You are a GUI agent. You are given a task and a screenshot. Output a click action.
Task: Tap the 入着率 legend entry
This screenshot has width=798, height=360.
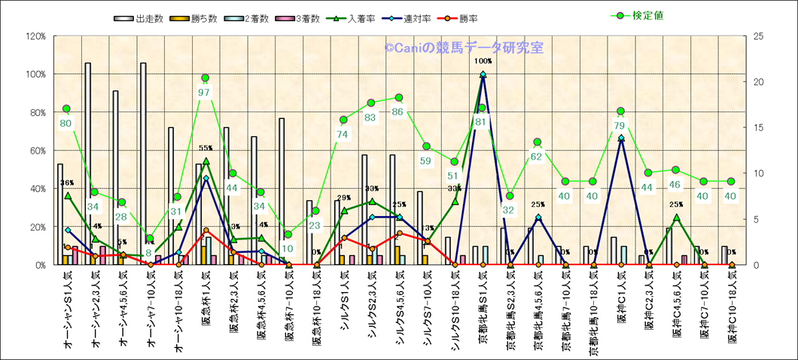click(x=360, y=18)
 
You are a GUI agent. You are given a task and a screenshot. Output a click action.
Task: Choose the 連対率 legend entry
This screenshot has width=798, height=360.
click(x=411, y=18)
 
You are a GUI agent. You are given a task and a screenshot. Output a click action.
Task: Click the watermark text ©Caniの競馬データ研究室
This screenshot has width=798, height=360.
click(x=463, y=47)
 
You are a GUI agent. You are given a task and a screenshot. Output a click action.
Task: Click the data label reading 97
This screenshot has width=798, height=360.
click(x=204, y=92)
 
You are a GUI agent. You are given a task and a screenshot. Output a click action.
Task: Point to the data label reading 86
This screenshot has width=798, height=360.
click(x=398, y=111)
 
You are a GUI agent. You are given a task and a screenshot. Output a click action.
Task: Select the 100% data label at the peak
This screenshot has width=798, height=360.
click(x=483, y=61)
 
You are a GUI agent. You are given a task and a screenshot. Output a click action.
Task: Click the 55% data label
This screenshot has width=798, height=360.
click(x=206, y=149)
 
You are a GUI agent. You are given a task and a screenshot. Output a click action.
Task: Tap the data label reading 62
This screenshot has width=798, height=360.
click(x=538, y=157)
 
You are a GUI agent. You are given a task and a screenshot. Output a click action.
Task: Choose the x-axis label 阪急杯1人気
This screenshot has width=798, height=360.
click(x=206, y=310)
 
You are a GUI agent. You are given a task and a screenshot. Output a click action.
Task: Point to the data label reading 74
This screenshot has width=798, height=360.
click(x=343, y=134)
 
